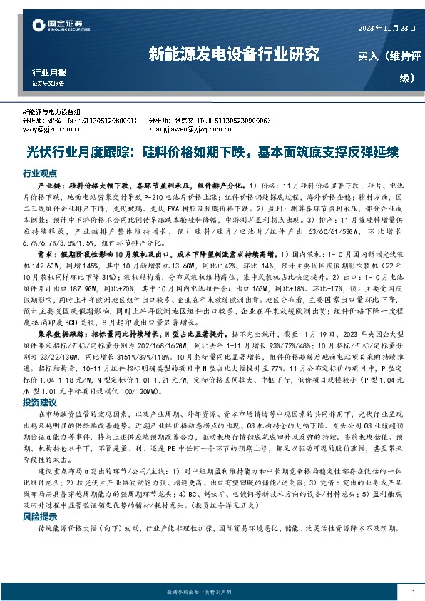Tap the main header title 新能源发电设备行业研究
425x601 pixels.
point(233,54)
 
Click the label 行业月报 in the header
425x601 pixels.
point(49,73)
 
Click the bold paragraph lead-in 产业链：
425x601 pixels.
point(57,185)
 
